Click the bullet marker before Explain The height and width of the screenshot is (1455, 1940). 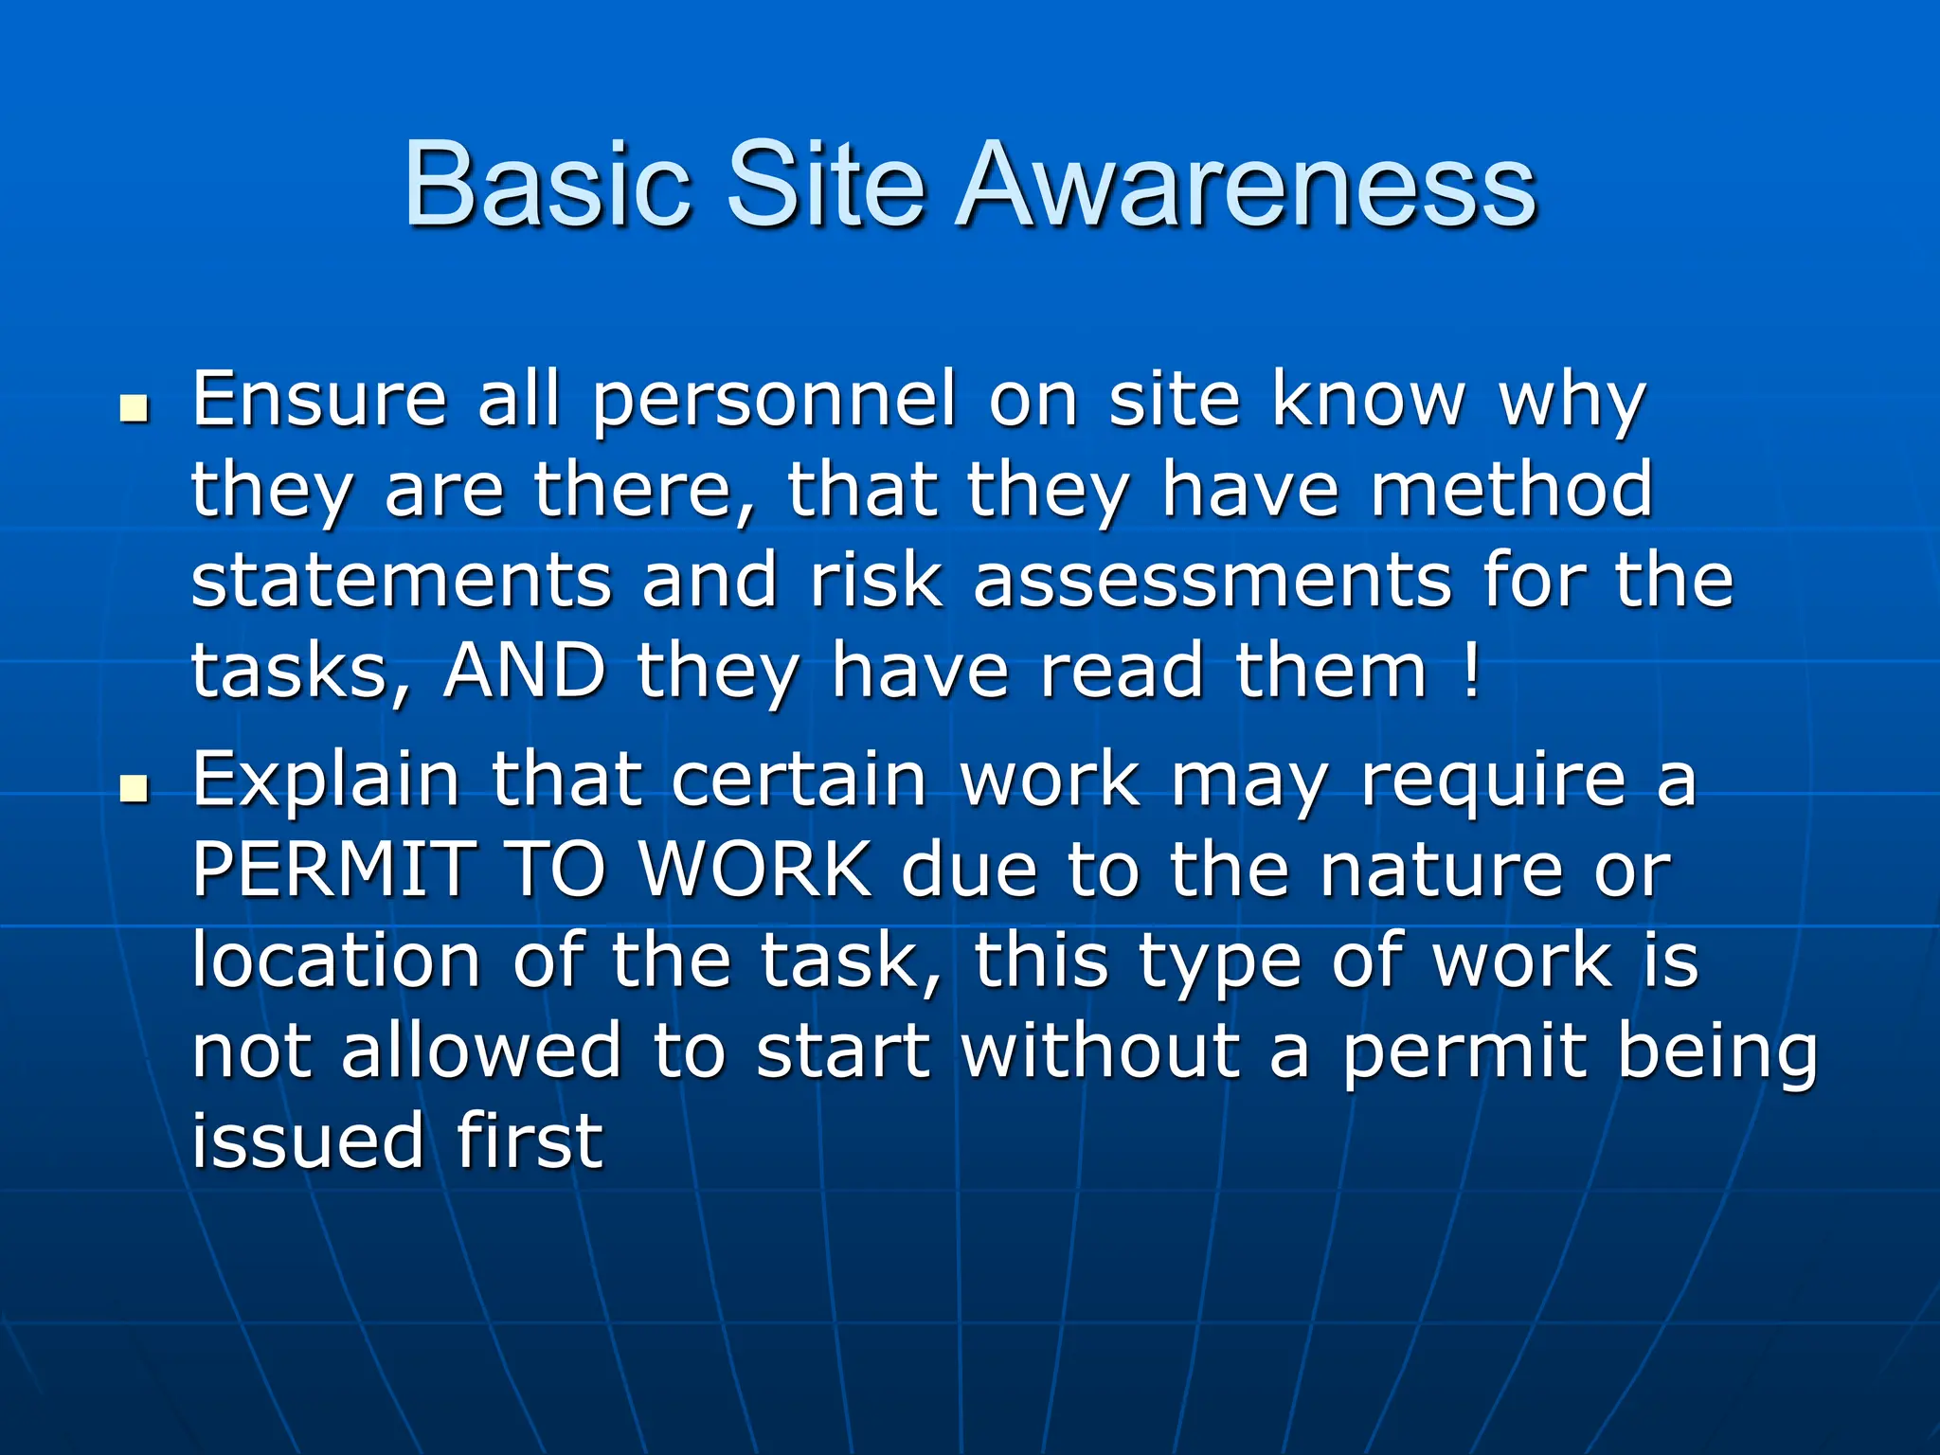[x=135, y=788]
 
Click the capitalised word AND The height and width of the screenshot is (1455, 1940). [x=525, y=670]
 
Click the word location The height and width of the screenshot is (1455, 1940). [x=336, y=960]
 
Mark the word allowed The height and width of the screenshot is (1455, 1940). [x=480, y=1051]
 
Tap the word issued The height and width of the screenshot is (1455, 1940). [x=307, y=1141]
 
